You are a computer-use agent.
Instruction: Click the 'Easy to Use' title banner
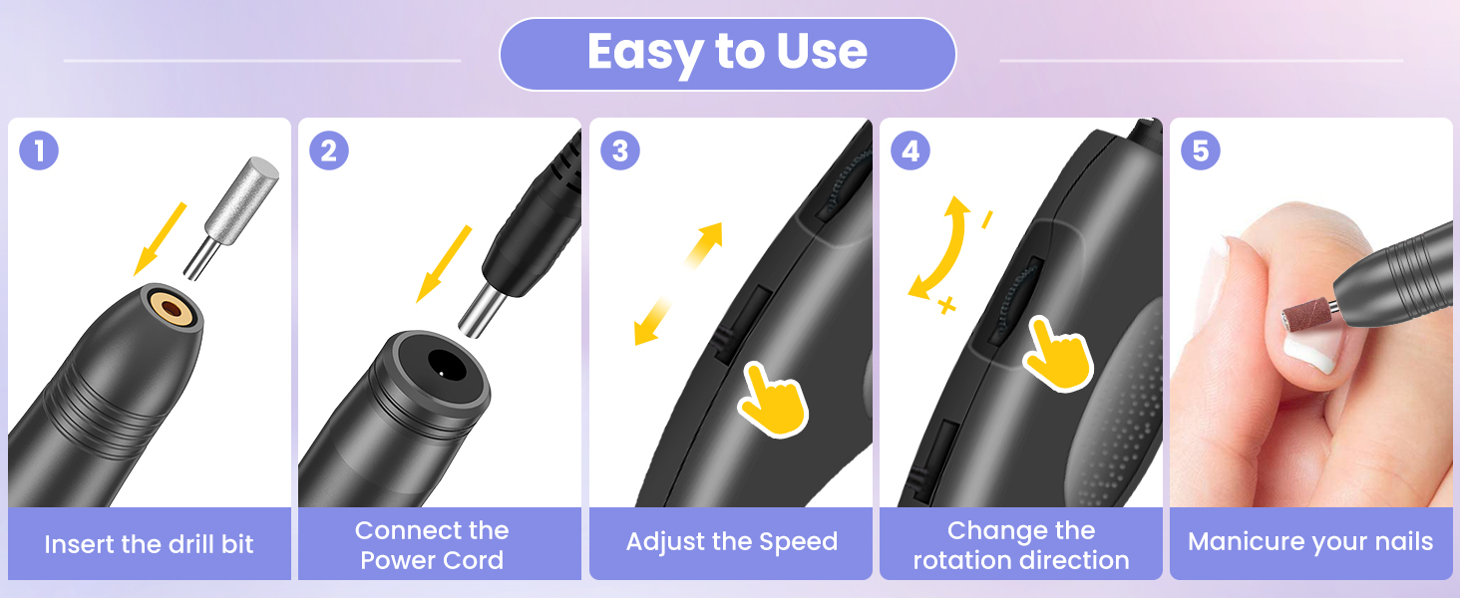727,54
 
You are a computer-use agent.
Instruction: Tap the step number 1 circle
39,151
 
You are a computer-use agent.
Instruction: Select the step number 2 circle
329,151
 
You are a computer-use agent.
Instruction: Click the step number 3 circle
620,151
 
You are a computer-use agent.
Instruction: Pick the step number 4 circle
911,151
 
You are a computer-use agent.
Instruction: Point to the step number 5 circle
1201,151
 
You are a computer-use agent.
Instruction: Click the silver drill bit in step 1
232,217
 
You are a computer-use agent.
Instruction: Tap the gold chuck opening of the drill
172,306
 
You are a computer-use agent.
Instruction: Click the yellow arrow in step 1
160,239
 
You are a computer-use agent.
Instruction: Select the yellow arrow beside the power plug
444,264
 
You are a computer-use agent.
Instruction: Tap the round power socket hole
447,366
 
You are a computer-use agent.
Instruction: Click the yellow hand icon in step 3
773,401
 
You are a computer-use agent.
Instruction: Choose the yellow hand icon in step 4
1057,355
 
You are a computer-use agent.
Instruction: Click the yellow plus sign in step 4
947,304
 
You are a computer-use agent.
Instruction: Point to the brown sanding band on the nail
1306,314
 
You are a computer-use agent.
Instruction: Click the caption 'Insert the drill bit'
149,544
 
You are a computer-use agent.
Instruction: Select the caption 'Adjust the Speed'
732,542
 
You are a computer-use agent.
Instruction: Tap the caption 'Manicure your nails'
1310,542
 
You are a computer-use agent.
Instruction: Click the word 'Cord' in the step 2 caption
474,560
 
